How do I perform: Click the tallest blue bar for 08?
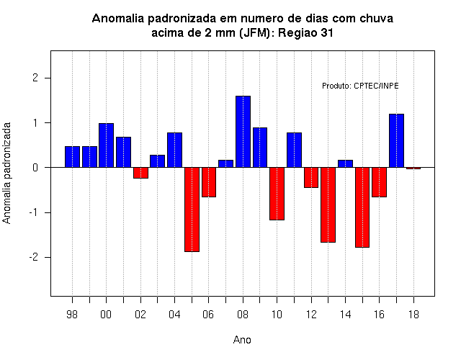[x=243, y=132]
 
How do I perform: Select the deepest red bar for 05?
[x=192, y=210]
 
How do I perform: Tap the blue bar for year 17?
[x=396, y=141]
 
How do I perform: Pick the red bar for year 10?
[x=277, y=194]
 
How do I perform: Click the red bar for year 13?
[x=328, y=204]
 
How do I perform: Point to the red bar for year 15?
[x=362, y=207]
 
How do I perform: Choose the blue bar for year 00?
[x=106, y=145]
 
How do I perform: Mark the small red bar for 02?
[x=140, y=173]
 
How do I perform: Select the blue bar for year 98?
[x=72, y=157]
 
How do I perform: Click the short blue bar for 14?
[x=345, y=163]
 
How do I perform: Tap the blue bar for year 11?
[x=294, y=150]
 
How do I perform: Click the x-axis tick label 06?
[x=208, y=315]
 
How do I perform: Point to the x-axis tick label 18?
[x=413, y=315]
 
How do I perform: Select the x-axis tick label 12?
[x=311, y=315]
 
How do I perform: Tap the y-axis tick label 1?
[x=36, y=123]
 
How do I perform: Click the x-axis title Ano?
[x=242, y=340]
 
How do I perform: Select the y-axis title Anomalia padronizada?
[x=6, y=173]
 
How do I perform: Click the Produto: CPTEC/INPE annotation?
[x=360, y=86]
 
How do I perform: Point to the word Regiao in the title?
[x=297, y=33]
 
